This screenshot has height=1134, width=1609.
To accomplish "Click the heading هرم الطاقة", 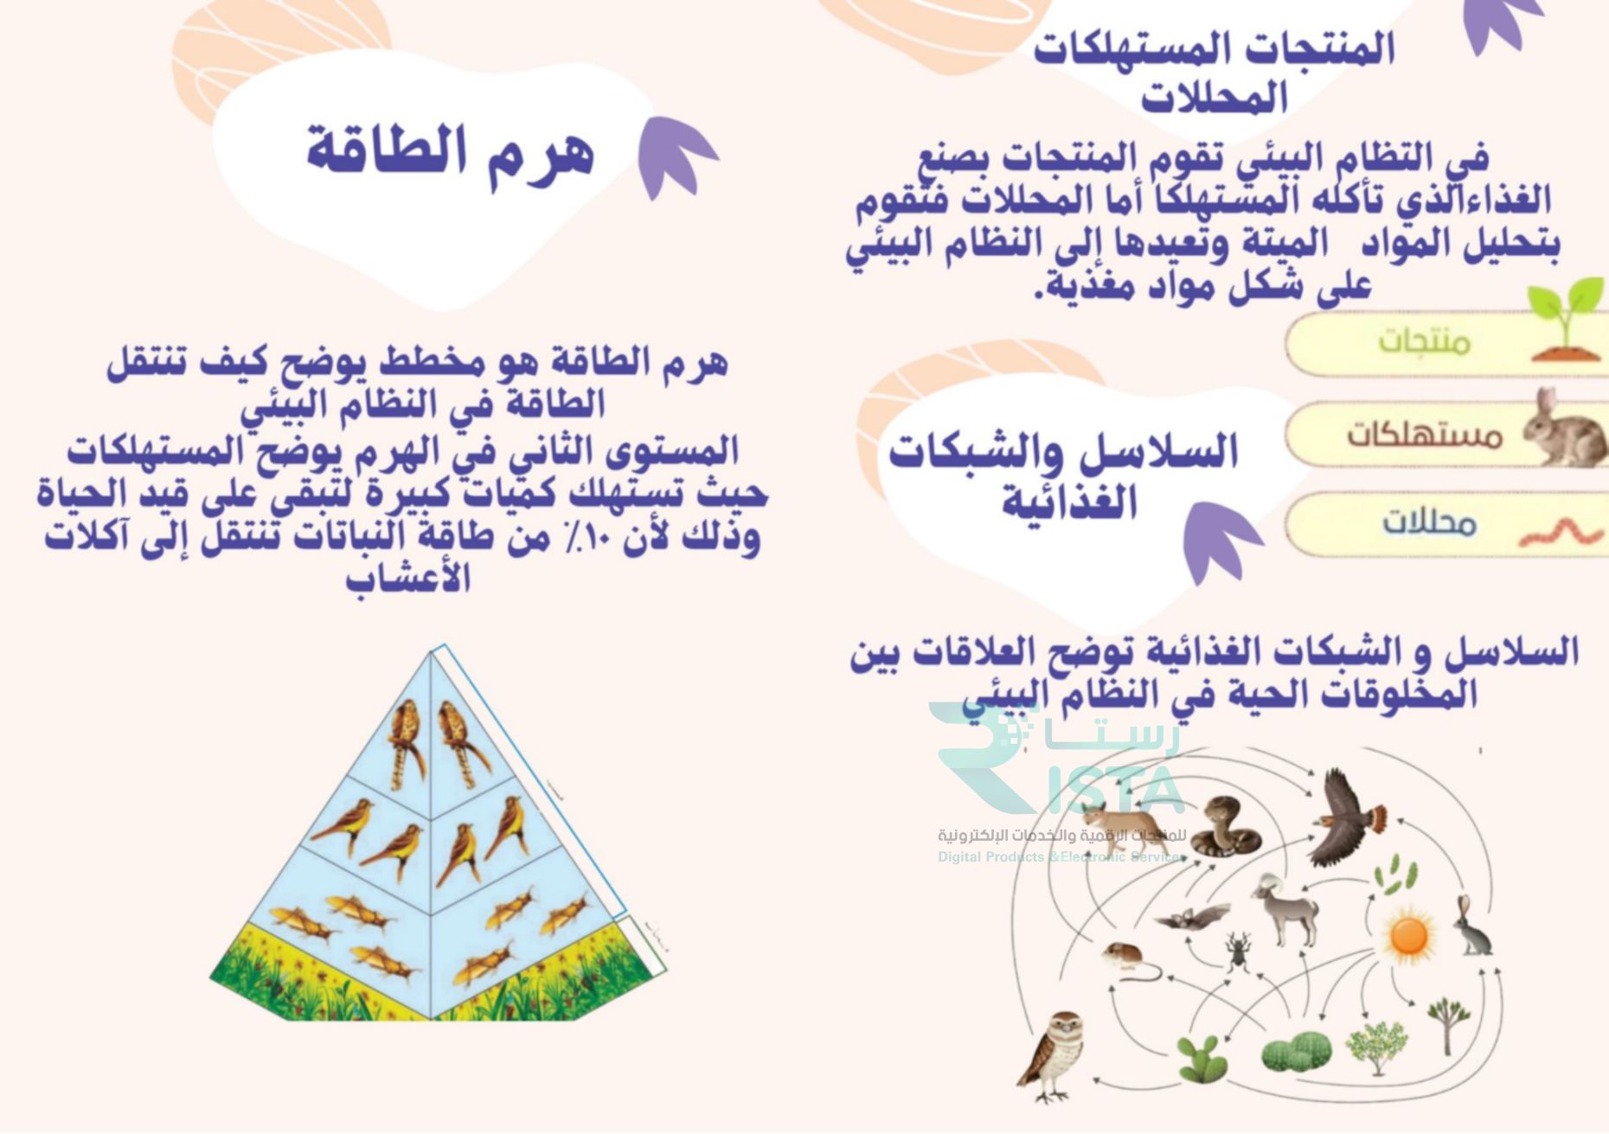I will [451, 154].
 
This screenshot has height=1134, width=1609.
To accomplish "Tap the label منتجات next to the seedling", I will [1424, 342].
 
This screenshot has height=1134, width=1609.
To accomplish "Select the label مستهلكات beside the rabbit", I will [1423, 433].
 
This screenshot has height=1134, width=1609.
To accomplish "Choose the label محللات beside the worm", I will [1428, 522].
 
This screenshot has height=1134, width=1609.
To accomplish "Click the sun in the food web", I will [1408, 935].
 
